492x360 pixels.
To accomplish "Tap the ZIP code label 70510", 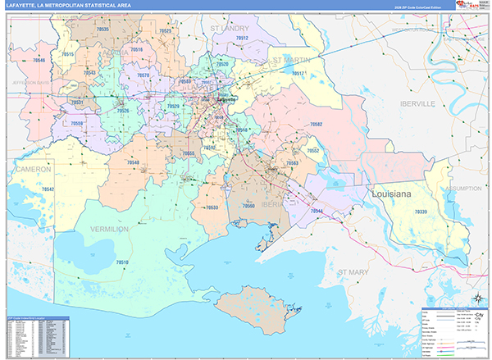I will (x=123, y=262).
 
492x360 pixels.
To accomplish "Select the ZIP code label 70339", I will (x=421, y=212).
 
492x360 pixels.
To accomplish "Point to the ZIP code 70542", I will (x=48, y=189).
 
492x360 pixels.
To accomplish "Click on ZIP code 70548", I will (x=133, y=162).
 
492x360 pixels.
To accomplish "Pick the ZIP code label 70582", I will (x=316, y=124).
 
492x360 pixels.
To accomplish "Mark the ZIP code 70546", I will (x=39, y=61).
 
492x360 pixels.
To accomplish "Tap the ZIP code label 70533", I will (x=212, y=208).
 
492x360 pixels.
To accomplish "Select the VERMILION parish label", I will (x=109, y=229).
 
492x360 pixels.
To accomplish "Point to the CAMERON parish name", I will (x=33, y=168).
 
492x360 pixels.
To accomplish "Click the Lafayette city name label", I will (x=225, y=100).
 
